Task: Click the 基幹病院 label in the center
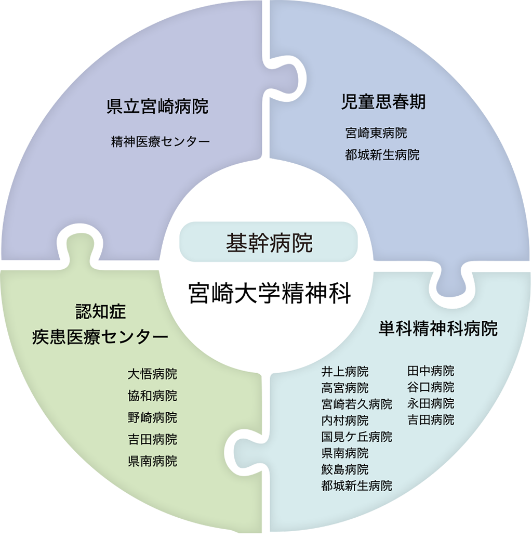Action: pos(269,243)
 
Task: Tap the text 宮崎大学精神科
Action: pos(269,293)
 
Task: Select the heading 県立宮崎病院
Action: pos(157,107)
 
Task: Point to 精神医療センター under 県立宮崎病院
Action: pos(161,141)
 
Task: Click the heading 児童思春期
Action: pos(383,102)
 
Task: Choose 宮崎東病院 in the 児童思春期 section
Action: pos(376,133)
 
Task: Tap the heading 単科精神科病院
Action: pos(437,329)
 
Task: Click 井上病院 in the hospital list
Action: pos(344,371)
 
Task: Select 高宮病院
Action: pos(344,388)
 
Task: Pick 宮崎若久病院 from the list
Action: pos(356,404)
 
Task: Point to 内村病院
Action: pos(344,420)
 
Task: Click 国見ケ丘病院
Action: pos(356,437)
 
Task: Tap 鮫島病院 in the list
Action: pos(344,469)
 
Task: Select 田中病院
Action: pos(430,371)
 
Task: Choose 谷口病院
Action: pos(430,387)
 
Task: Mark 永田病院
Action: pos(430,403)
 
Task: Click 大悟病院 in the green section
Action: pos(152,374)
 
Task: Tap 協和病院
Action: pos(152,396)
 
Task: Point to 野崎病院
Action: pos(152,417)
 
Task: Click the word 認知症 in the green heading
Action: pos(101,312)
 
